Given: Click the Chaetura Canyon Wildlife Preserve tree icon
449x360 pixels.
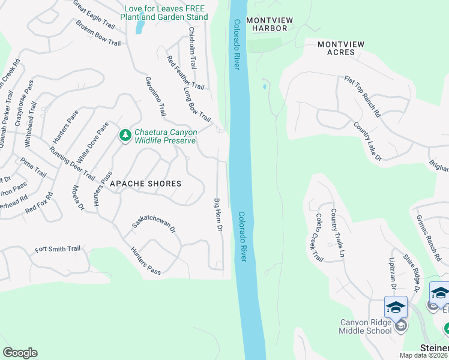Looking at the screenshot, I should pos(125,136).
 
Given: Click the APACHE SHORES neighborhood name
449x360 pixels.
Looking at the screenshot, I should pos(145,183).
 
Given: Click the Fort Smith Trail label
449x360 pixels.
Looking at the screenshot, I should pos(58,248).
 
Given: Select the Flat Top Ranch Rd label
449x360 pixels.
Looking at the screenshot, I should pos(363,96).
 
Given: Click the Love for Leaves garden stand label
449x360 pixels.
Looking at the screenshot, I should pos(166,13).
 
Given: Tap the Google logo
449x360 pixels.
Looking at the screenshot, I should pos(20,353).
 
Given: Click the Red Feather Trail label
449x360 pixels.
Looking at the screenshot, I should pos(185,73).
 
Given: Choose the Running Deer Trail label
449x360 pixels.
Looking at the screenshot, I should pos(72,163).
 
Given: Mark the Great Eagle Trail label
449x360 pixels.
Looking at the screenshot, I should pos(94,15).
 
